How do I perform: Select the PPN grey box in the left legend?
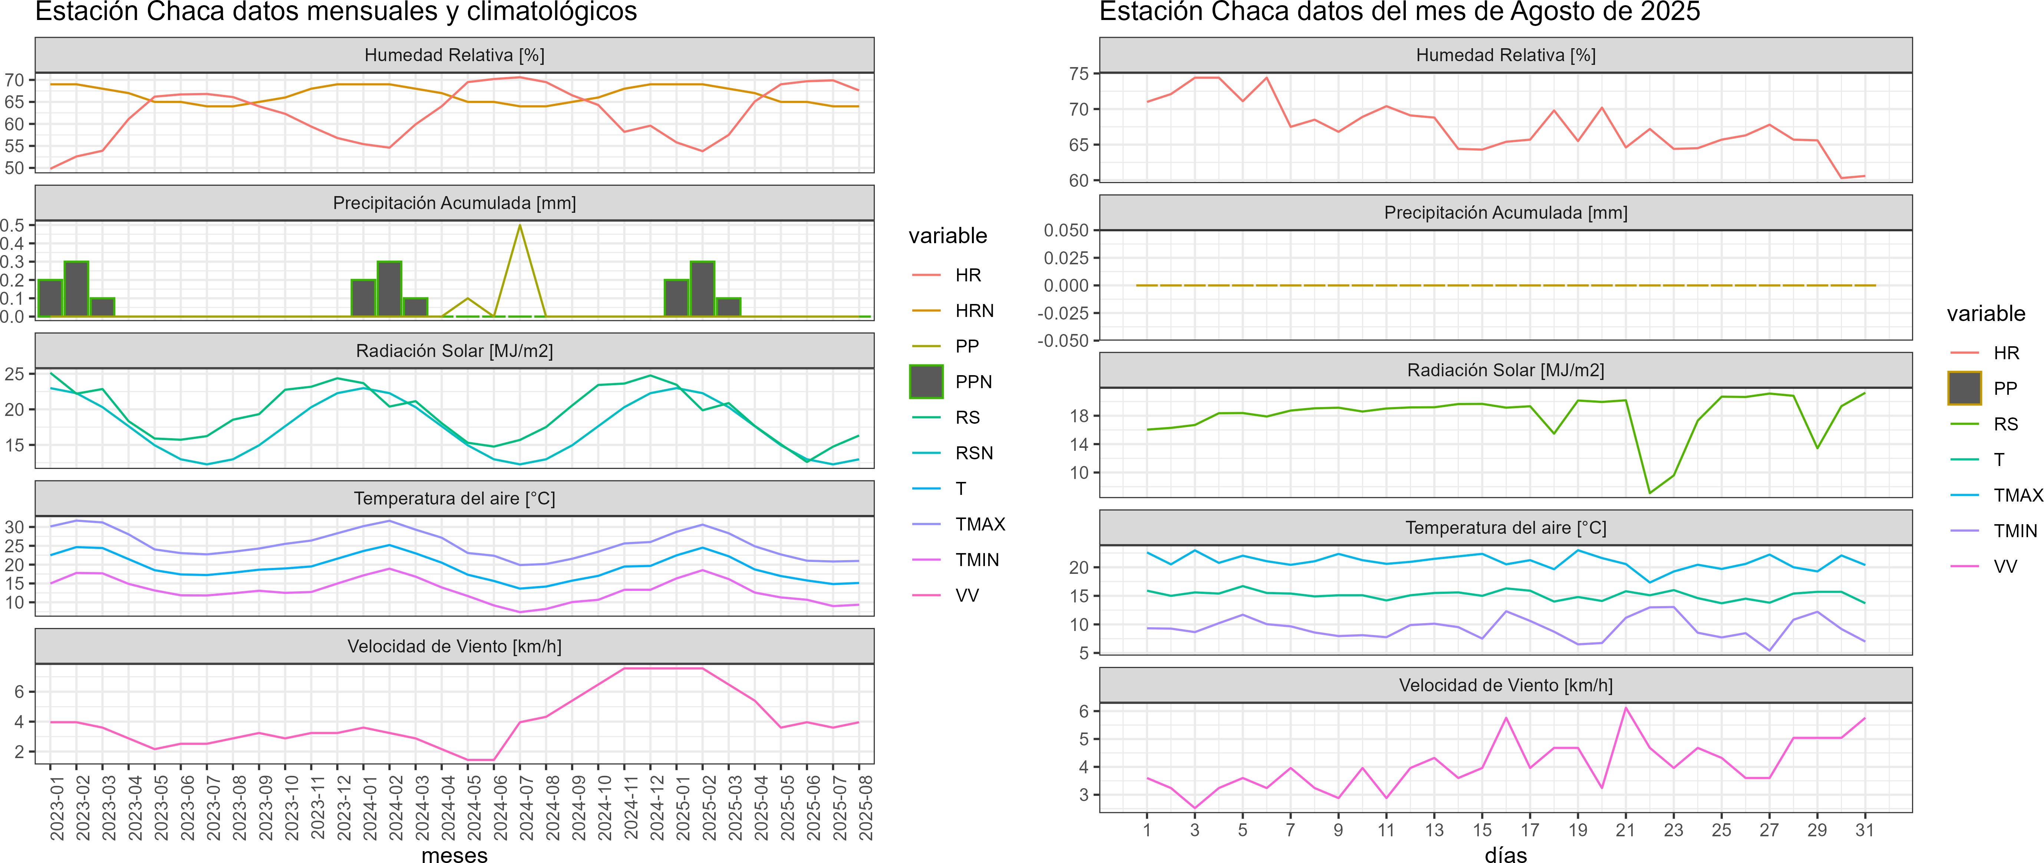point(926,381)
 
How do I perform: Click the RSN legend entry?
point(973,453)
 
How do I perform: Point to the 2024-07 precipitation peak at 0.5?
point(520,226)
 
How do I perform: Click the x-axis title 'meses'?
point(454,854)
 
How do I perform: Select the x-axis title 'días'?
point(1505,854)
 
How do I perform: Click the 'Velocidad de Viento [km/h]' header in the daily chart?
point(1505,685)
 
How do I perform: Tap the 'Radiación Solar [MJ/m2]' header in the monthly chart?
point(454,351)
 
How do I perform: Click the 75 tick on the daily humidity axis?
point(1078,74)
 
